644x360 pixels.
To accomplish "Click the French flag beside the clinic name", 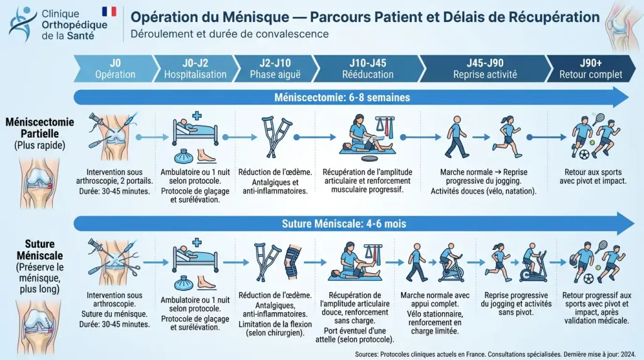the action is point(109,11).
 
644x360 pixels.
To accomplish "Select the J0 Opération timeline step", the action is point(116,69).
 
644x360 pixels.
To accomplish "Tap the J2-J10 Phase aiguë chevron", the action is point(275,69).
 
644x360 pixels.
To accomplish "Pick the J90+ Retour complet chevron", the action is point(591,69).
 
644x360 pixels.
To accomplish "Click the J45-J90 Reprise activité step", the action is point(485,69).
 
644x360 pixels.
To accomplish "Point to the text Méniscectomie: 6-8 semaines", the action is point(342,98).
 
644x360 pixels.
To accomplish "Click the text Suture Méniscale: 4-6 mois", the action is point(344,224).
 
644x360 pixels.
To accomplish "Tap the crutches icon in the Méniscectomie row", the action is point(277,137).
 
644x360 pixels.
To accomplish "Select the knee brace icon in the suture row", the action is point(292,262).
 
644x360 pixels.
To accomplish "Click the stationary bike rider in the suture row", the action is point(450,263).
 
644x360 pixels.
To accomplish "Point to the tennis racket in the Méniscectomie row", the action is point(599,119).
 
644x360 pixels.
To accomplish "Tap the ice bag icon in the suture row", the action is point(184,283).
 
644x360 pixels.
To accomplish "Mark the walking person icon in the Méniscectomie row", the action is point(457,137).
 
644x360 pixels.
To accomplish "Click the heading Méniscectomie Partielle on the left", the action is point(40,128).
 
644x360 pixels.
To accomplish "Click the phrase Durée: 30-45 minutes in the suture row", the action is point(114,324).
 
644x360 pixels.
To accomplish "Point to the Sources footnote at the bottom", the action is point(496,354).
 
